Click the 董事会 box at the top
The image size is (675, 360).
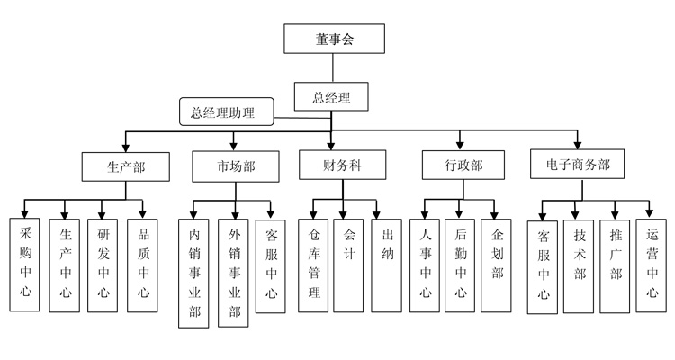click(334, 38)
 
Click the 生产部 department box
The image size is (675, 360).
click(125, 166)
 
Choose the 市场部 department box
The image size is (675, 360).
click(235, 166)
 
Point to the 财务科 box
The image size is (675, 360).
click(341, 165)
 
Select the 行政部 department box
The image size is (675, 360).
click(462, 166)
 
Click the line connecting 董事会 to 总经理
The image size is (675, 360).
click(334, 67)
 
